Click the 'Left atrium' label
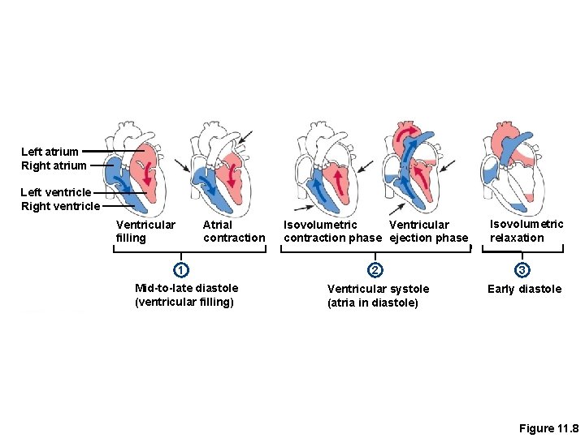click(x=50, y=152)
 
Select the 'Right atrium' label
click(x=54, y=165)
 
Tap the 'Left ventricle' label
click(x=56, y=192)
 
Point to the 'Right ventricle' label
click(x=60, y=206)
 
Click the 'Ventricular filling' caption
click(x=145, y=231)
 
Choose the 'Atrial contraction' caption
click(x=234, y=231)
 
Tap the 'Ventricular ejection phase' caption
click(x=428, y=231)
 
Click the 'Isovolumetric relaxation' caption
click(x=526, y=230)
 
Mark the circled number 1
click(x=182, y=269)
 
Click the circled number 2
click(x=375, y=269)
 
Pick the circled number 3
click(x=523, y=269)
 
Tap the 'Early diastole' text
click(x=524, y=289)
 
